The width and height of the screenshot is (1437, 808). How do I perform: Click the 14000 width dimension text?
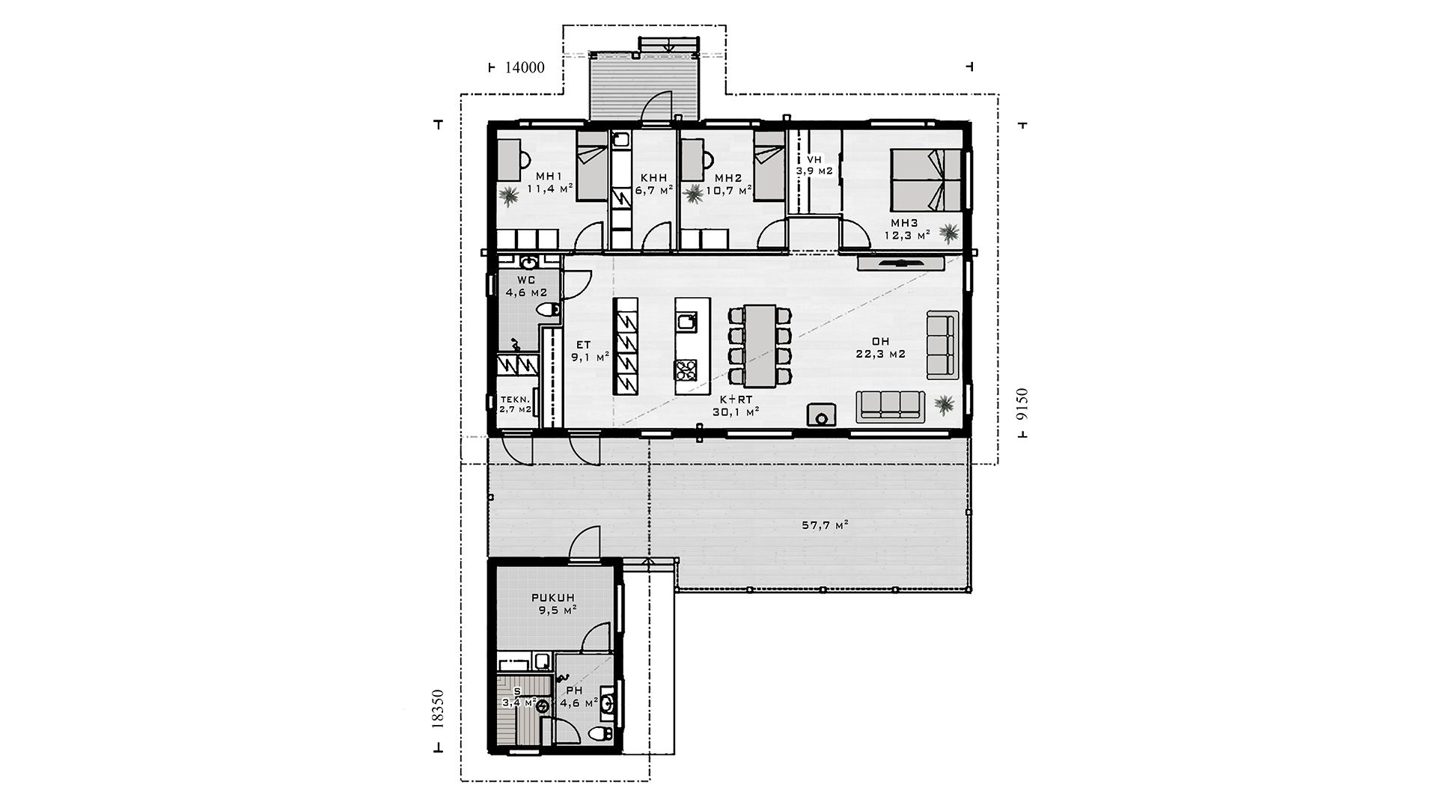(x=525, y=67)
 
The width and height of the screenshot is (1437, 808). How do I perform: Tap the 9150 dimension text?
(x=1024, y=405)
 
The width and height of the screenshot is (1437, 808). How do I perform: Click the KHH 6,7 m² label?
(x=654, y=184)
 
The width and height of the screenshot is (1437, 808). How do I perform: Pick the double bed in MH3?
(x=925, y=180)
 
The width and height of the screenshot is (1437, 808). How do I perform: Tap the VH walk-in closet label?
(x=814, y=165)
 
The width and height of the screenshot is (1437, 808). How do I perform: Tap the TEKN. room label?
(x=515, y=404)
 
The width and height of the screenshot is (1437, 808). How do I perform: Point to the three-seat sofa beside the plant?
(x=888, y=404)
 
